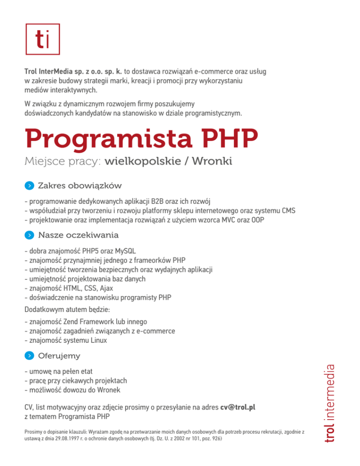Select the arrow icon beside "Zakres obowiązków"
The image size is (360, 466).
(30, 186)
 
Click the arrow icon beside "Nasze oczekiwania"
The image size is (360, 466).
(30, 234)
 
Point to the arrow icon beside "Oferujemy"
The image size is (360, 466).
(30, 356)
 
